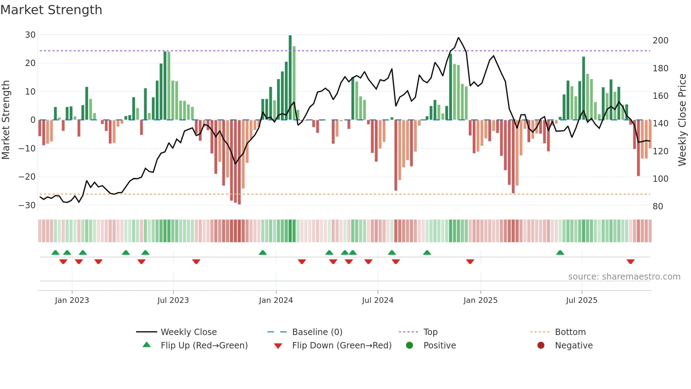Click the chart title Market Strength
[x=51, y=10]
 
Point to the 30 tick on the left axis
[x=30, y=35]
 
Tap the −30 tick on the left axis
[x=27, y=205]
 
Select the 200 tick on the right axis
[x=660, y=41]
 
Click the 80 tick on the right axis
[x=658, y=207]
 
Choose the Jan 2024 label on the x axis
[x=276, y=300]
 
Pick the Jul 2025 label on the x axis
[x=581, y=300]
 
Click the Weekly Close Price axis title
[x=682, y=120]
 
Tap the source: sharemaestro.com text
[x=624, y=277]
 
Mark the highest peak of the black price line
[x=458, y=37]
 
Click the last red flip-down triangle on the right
[x=630, y=262]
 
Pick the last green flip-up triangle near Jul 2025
[x=560, y=252]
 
